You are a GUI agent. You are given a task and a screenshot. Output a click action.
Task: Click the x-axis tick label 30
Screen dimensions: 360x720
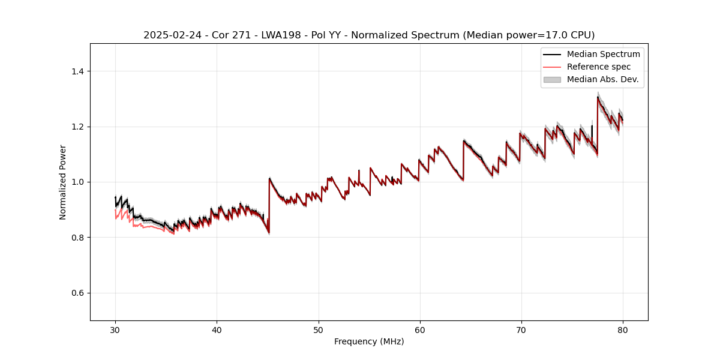[116, 330]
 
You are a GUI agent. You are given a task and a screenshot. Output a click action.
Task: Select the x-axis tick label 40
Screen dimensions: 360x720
[217, 330]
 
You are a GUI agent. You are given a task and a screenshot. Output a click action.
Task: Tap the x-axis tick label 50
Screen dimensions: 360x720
[319, 330]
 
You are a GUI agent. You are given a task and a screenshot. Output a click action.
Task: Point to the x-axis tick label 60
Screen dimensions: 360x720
[420, 330]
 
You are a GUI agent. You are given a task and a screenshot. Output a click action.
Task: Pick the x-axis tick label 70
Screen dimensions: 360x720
[521, 330]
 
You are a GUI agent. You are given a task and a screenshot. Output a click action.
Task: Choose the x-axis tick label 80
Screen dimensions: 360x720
[623, 330]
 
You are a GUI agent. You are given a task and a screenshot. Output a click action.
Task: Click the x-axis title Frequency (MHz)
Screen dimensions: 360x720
[369, 341]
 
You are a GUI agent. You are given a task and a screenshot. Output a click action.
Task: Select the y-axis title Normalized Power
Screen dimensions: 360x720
[63, 182]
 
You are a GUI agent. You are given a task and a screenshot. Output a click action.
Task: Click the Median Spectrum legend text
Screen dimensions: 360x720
[603, 54]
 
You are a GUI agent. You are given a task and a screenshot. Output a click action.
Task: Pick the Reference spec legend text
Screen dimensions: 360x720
[599, 67]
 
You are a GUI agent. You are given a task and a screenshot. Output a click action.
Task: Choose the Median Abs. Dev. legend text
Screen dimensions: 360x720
[602, 79]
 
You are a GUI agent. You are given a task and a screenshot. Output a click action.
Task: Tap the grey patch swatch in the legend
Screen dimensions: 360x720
[552, 79]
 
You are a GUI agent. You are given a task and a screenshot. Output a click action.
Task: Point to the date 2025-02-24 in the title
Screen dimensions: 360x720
[170, 35]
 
